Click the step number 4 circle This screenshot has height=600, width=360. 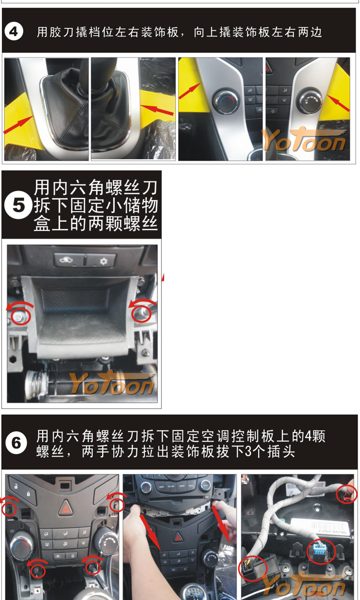coord(13,32)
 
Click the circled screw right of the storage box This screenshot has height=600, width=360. coord(141,313)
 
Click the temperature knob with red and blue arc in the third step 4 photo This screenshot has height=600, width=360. coord(225,102)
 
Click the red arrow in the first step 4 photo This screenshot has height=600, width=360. coord(18,124)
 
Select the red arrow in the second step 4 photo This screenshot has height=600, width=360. coord(157,110)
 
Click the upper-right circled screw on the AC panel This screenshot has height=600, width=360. coord(117,505)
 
